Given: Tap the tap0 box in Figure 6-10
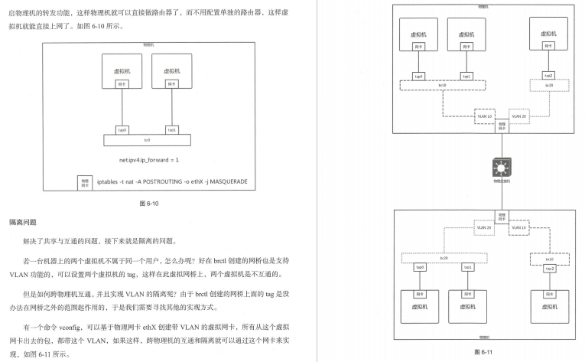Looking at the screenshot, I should click(122, 129).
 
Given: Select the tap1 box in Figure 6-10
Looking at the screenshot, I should click(172, 129).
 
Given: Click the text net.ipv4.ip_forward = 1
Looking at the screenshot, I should click(148, 160).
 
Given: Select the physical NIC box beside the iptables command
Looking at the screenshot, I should click(85, 184).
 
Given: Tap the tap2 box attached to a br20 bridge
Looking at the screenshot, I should click(548, 76).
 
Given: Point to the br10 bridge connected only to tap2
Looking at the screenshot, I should click(548, 259).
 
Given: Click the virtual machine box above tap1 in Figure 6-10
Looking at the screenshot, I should click(172, 73).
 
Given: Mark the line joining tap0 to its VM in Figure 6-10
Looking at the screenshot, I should click(122, 107).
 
